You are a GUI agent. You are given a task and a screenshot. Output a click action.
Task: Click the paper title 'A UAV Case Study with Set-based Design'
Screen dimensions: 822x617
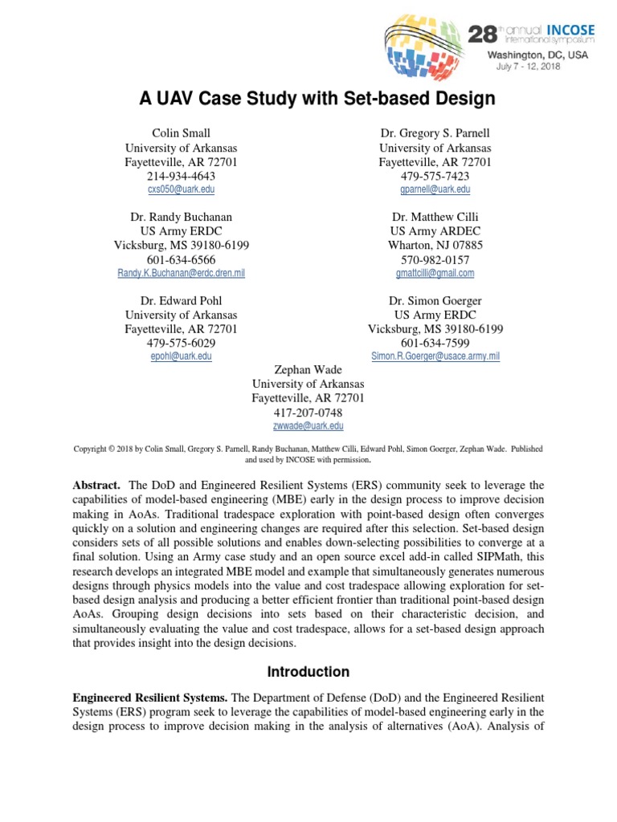(308, 99)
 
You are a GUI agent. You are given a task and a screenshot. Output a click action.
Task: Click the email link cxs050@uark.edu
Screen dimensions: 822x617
(181, 189)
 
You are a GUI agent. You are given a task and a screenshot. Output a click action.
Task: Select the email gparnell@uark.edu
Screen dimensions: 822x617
(435, 189)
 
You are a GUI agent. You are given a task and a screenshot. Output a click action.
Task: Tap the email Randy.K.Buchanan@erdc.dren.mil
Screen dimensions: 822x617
(181, 273)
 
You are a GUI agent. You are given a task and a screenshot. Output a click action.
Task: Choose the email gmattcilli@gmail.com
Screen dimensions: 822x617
(435, 273)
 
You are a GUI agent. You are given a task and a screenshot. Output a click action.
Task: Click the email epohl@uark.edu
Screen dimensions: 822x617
(181, 356)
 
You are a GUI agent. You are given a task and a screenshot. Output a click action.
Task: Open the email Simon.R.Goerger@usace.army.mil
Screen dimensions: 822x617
(435, 356)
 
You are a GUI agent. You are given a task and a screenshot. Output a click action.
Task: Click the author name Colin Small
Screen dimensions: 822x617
(181, 133)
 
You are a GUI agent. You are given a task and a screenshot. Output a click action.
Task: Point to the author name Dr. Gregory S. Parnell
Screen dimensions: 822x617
(435, 133)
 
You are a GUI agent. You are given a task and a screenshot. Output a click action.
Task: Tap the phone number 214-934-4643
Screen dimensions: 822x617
(181, 176)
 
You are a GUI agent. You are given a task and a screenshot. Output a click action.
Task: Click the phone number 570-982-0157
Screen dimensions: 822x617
(435, 259)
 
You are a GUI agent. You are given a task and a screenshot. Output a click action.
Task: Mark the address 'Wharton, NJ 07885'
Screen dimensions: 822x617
(435, 246)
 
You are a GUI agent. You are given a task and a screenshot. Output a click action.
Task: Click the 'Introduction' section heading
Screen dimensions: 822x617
(308, 672)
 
